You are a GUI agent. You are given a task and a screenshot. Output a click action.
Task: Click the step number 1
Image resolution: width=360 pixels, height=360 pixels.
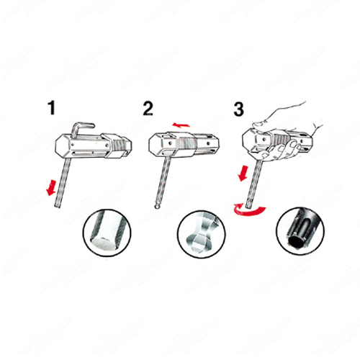52,108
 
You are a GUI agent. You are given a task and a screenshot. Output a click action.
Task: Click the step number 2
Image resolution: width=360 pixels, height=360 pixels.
148,109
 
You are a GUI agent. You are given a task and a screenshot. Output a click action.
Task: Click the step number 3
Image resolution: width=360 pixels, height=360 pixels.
238,109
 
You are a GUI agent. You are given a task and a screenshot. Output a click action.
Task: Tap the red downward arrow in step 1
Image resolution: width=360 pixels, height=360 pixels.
51,188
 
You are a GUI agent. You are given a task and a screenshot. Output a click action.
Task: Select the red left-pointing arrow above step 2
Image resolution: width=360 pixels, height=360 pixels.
181,125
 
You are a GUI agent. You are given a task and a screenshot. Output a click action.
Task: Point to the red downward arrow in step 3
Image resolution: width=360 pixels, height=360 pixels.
243,173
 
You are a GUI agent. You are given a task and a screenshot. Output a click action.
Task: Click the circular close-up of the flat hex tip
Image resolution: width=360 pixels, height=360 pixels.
107,233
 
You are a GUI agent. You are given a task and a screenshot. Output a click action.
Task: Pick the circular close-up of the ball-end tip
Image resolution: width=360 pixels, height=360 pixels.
202,234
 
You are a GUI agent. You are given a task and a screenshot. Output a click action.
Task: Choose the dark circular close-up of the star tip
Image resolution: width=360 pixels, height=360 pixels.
300,231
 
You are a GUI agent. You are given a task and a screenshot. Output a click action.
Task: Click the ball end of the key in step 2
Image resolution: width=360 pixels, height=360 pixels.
157,206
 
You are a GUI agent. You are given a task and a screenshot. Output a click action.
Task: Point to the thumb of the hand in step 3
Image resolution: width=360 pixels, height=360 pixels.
261,124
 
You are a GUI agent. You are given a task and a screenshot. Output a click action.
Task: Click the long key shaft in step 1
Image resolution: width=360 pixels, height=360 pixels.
63,182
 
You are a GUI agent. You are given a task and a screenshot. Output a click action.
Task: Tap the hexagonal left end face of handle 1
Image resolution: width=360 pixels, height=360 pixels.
63,146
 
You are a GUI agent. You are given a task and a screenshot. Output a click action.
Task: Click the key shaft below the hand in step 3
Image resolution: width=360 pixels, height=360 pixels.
255,184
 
